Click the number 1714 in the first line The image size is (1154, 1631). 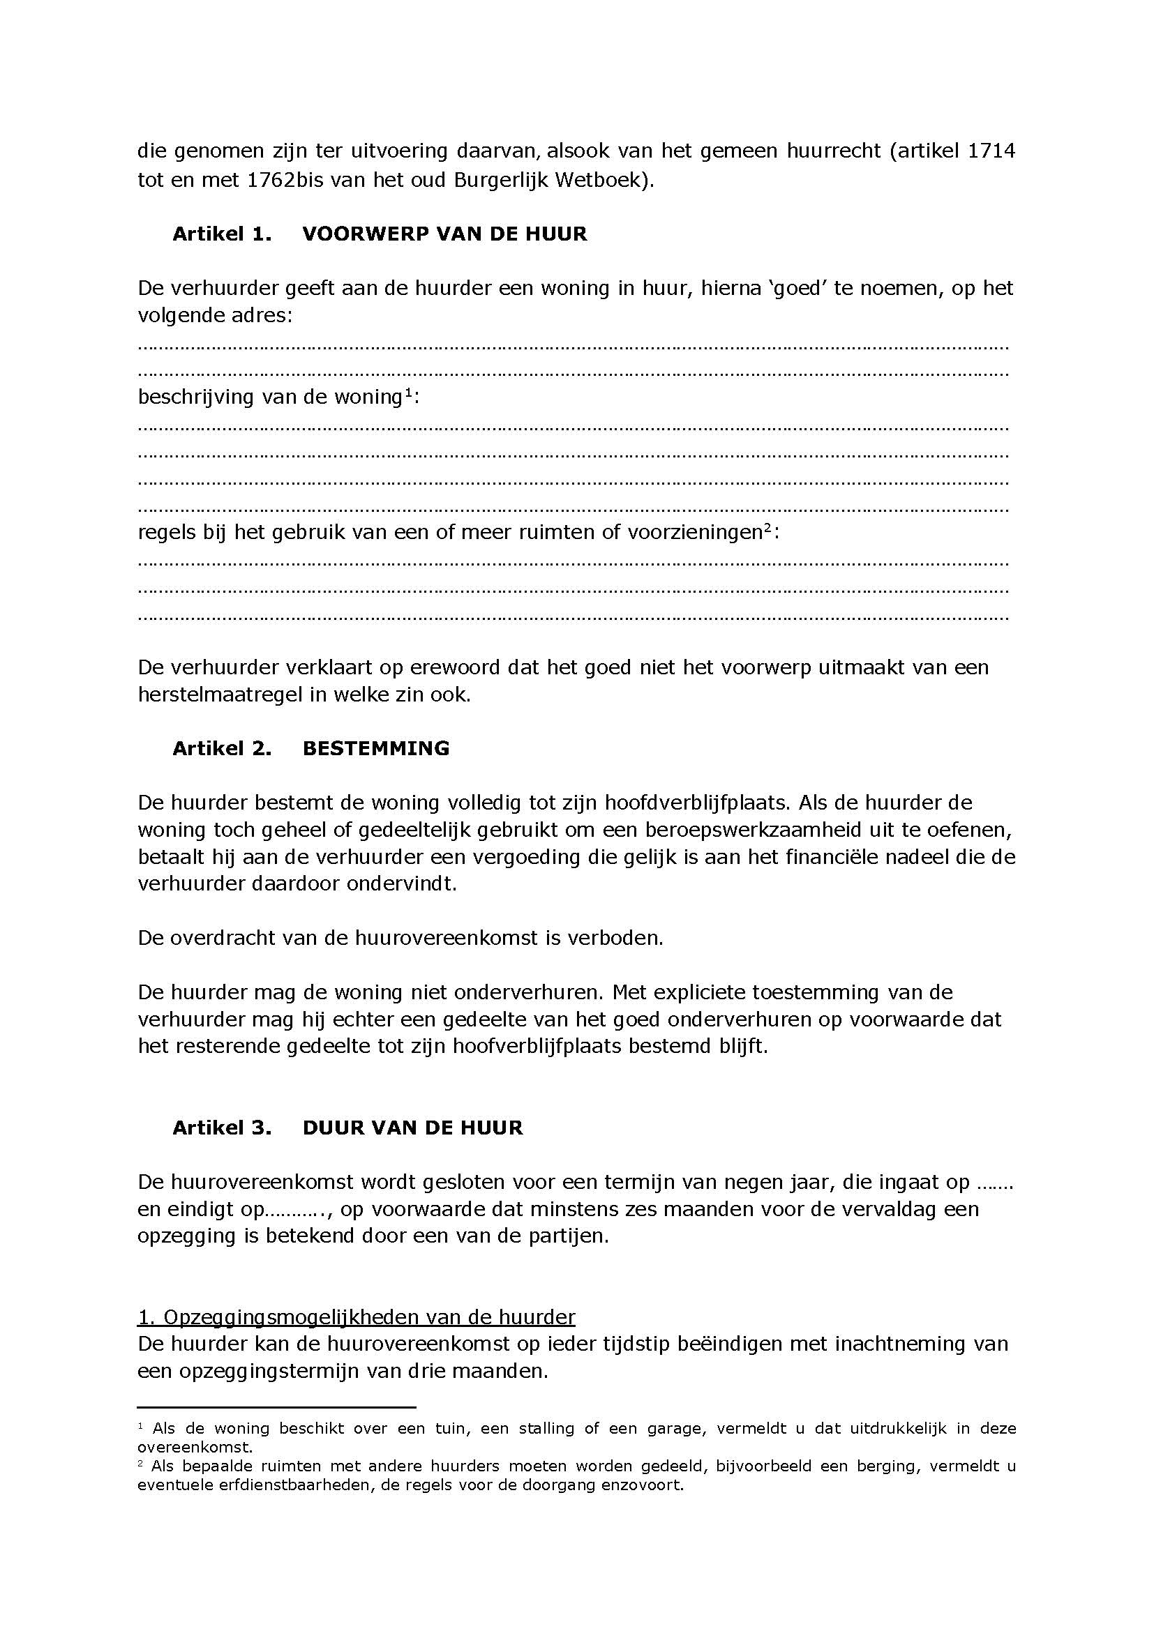click(x=991, y=151)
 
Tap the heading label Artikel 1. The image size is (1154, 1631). click(x=222, y=234)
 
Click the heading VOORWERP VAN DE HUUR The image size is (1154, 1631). click(x=445, y=234)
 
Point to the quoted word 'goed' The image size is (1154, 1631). click(x=796, y=289)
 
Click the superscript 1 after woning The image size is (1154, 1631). click(x=409, y=393)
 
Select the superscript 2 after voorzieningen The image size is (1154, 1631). click(x=767, y=528)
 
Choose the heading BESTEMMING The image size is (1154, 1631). click(x=376, y=749)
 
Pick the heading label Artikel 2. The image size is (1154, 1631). click(x=222, y=749)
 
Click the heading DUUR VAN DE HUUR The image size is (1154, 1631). click(x=413, y=1128)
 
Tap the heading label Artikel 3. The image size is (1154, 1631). click(x=222, y=1128)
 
